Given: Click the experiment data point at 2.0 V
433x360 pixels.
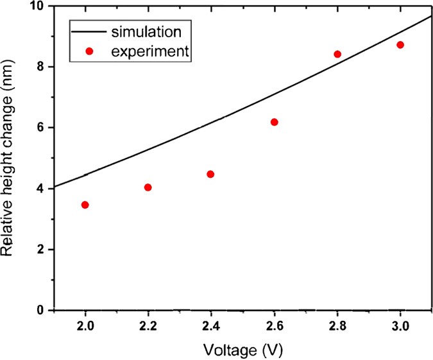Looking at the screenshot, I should (x=85, y=205).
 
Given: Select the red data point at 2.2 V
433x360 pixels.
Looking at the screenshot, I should (x=148, y=187).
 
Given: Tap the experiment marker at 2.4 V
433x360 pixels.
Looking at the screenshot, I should (x=210, y=174).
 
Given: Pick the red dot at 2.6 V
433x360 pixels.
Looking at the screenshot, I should (x=275, y=122).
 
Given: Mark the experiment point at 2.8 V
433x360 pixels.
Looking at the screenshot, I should (x=337, y=54).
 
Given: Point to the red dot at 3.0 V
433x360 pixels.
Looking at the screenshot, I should (x=400, y=45).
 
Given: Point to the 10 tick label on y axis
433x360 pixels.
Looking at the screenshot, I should (x=38, y=6).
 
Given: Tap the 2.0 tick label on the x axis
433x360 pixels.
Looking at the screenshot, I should (x=85, y=326).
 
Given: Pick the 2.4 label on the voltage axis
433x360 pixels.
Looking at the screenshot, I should (x=211, y=326).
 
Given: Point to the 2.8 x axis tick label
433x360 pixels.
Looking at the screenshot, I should (x=337, y=326).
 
